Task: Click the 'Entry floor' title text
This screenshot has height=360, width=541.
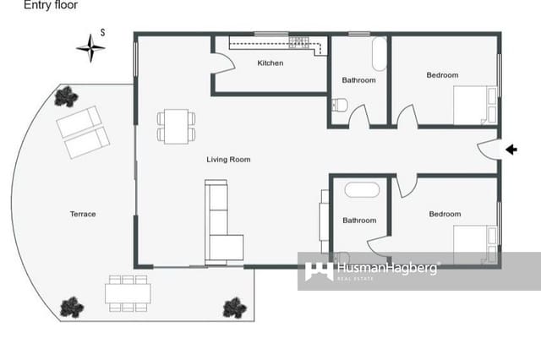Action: click(x=51, y=6)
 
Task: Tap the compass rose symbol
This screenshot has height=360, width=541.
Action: click(x=90, y=48)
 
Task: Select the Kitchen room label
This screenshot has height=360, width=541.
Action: click(x=270, y=63)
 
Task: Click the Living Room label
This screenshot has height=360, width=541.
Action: click(x=228, y=159)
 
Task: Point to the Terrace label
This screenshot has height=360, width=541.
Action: click(x=83, y=214)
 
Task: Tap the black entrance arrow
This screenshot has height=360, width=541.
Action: click(x=511, y=150)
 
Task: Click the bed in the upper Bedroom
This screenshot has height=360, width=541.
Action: click(x=473, y=105)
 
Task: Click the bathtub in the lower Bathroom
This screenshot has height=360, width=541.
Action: click(x=360, y=189)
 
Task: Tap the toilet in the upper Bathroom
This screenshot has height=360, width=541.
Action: click(x=340, y=105)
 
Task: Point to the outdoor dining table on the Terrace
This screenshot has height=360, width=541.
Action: click(x=128, y=292)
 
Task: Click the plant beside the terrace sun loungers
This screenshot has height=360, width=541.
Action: click(x=66, y=97)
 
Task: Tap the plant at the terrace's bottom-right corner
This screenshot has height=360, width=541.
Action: click(x=234, y=308)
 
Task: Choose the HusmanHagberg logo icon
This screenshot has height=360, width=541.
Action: click(x=319, y=270)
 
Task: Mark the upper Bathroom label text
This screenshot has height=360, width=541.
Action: click(x=358, y=80)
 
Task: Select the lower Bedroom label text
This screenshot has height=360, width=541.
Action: click(x=445, y=214)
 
